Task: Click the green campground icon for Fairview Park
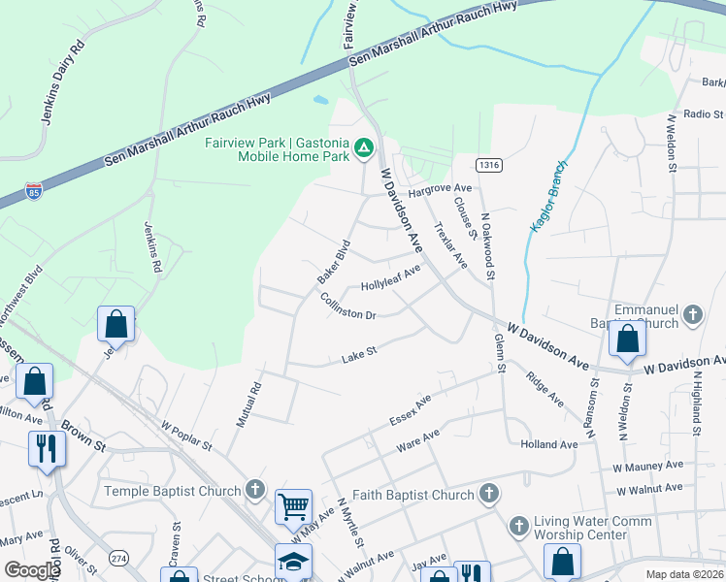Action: (364, 148)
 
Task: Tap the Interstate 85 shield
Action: (34, 191)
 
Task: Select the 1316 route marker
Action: (488, 166)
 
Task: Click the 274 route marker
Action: (118, 559)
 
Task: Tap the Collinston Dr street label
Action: (347, 307)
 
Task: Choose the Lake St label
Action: (358, 359)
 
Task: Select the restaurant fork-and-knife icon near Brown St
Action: (46, 448)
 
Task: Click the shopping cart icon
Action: (293, 505)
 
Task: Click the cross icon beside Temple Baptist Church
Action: (255, 490)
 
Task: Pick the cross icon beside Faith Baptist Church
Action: (488, 495)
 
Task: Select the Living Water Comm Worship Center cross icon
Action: (519, 527)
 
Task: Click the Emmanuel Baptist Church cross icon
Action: (692, 314)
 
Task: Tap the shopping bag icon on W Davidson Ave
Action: (627, 339)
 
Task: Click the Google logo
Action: (32, 570)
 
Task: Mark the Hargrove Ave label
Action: (440, 188)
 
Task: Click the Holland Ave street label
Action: (548, 444)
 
